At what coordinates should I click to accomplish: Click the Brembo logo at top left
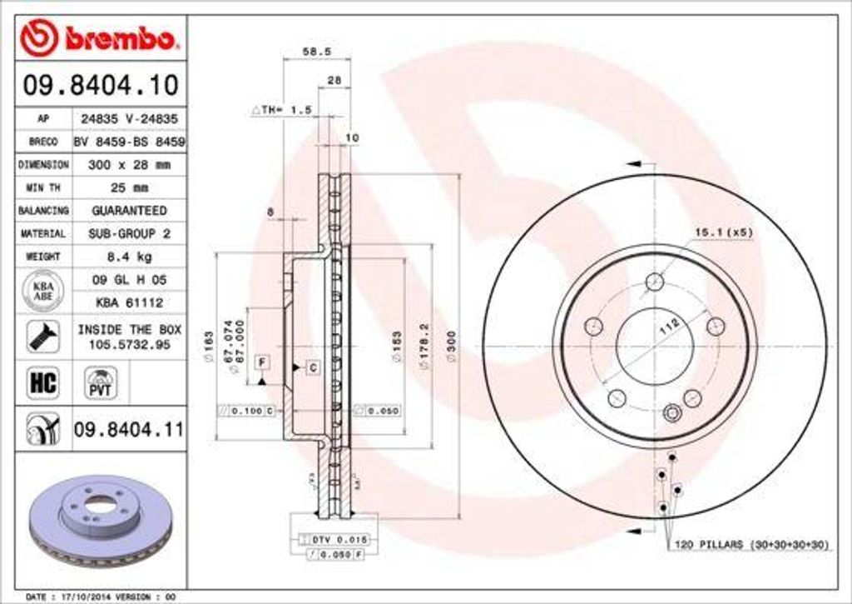click(99, 37)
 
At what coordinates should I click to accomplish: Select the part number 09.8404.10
click(99, 84)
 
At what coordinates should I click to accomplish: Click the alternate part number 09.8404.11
click(128, 430)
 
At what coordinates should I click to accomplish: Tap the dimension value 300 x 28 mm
click(128, 165)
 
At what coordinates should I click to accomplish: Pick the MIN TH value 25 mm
click(128, 187)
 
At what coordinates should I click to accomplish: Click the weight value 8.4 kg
click(128, 257)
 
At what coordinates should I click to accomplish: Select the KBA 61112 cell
click(128, 302)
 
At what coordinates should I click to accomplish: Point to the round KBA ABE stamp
click(42, 291)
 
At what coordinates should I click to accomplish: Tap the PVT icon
click(100, 383)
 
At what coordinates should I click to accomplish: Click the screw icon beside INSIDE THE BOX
click(42, 337)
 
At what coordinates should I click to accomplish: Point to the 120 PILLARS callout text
click(749, 544)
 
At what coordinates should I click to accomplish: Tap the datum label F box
click(262, 362)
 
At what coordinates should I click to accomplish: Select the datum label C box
click(313, 367)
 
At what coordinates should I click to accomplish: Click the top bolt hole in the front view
click(655, 281)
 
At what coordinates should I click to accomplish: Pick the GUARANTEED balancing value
click(128, 211)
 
